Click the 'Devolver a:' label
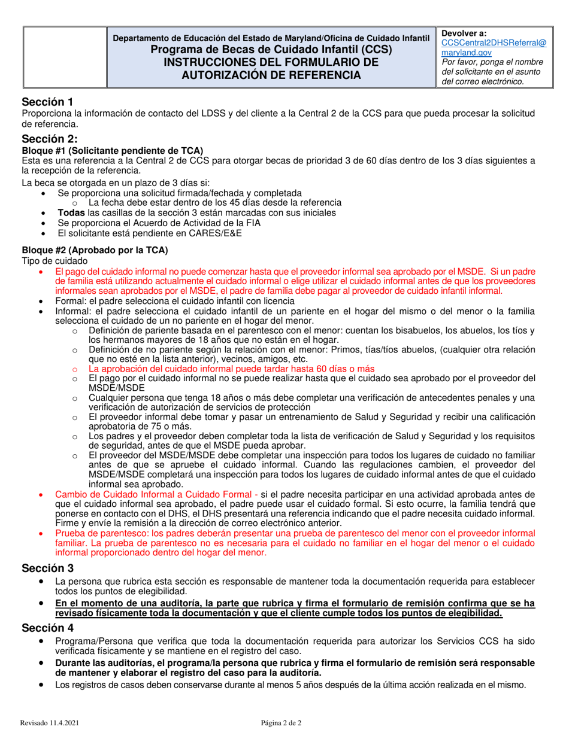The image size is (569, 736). point(464,33)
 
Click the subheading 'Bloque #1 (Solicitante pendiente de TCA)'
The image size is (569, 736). point(113,150)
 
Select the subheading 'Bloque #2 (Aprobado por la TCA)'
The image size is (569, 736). point(95,250)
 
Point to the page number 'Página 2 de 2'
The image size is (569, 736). point(281,723)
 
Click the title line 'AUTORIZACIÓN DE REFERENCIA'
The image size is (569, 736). point(271,75)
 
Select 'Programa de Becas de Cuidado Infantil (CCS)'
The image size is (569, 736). point(271,50)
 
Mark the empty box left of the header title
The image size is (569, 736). point(64,57)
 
